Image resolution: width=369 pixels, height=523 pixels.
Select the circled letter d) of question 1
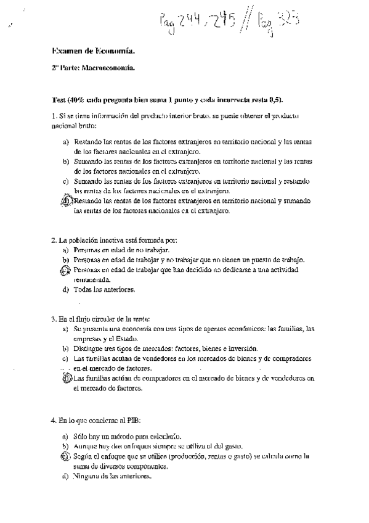tap(68, 201)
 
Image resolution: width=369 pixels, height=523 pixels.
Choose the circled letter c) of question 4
tap(66, 457)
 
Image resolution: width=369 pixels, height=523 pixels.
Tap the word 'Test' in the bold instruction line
tap(59, 100)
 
